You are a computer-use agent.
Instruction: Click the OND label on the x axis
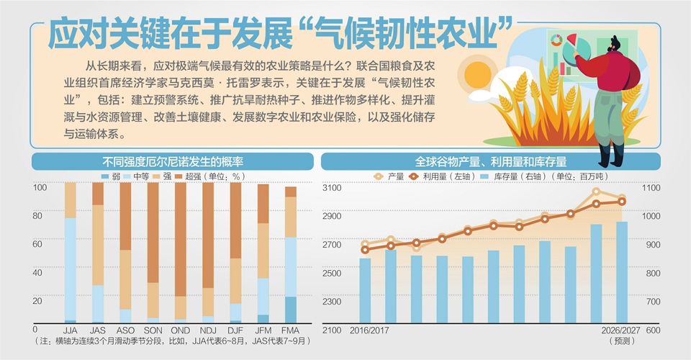point(180,330)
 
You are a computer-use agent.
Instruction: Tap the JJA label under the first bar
point(70,330)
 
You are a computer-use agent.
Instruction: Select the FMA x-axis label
point(290,330)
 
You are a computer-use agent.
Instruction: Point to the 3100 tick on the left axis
point(332,188)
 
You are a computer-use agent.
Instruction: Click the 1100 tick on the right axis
point(651,188)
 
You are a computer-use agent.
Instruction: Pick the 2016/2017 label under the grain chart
point(369,330)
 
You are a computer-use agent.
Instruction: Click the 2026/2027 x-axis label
point(621,330)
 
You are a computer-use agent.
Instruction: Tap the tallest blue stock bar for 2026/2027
point(622,272)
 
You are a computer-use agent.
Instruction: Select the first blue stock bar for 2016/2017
point(365,291)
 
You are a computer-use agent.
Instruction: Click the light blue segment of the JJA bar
point(71,269)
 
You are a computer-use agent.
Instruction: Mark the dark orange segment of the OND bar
point(180,239)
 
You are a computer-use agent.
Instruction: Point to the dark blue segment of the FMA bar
point(290,310)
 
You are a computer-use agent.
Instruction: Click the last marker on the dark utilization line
point(622,202)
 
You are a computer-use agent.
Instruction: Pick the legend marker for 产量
point(378,176)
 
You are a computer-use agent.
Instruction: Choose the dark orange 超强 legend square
point(179,176)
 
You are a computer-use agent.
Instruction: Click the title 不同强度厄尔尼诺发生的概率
point(173,162)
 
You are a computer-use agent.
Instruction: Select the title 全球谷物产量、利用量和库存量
point(490,162)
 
